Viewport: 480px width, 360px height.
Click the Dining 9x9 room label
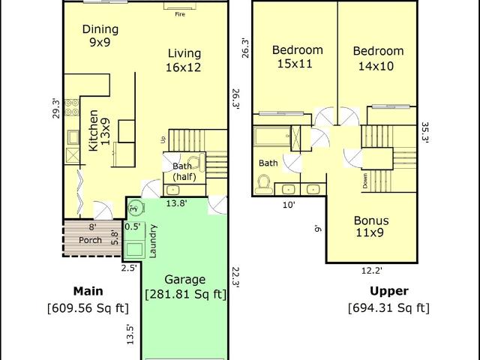(100, 35)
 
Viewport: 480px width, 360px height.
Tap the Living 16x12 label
(184, 60)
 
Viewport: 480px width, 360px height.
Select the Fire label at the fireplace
(180, 14)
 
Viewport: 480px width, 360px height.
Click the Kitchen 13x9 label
(99, 130)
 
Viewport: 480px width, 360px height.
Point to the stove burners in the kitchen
(72, 107)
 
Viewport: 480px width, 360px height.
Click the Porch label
(90, 240)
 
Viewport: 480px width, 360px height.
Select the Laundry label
(153, 241)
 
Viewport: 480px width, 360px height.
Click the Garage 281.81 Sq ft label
(185, 286)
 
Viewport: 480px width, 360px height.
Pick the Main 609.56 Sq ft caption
(88, 299)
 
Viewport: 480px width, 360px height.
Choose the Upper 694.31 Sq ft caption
(388, 299)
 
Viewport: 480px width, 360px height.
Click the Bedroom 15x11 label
(297, 57)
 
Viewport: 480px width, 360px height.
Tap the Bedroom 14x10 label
(378, 58)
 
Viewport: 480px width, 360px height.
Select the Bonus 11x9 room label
(371, 226)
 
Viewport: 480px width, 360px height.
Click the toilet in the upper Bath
(263, 184)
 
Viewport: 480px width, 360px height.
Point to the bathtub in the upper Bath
(271, 136)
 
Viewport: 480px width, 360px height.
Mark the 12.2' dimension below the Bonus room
(372, 271)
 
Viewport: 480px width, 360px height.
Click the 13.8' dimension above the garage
(177, 203)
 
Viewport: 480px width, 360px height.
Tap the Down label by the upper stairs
(365, 181)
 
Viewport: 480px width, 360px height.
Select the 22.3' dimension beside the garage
(235, 277)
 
